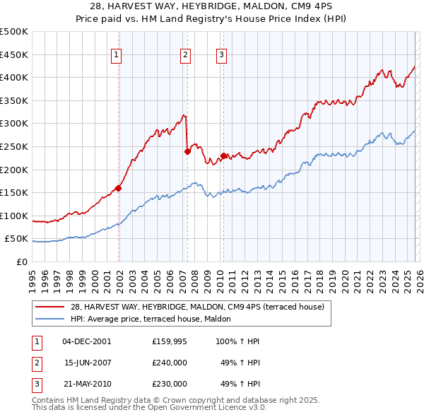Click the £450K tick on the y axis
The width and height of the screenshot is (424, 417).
14,54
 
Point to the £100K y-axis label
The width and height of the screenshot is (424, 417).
14,216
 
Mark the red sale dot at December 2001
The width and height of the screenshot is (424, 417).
118,188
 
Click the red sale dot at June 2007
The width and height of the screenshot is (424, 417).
187,151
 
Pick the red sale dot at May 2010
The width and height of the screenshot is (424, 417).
223,155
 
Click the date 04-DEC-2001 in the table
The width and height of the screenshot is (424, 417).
86,341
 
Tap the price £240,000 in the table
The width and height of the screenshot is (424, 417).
170,363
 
